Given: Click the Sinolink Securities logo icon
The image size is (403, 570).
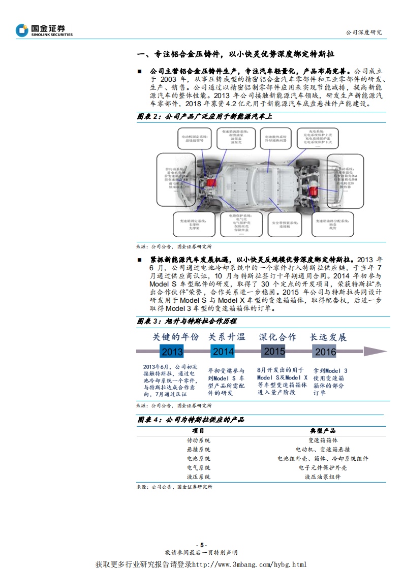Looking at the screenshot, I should tap(22, 30).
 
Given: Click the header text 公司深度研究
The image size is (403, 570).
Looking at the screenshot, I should tap(363, 32).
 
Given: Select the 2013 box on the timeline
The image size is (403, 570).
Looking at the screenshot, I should tap(172, 352).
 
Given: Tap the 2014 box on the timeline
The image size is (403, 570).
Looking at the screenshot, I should tap(223, 352).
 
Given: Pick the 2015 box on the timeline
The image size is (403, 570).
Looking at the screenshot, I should tap(274, 351).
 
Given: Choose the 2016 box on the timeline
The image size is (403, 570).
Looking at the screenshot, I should tap(325, 352).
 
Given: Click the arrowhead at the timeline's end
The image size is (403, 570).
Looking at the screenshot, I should tap(375, 352).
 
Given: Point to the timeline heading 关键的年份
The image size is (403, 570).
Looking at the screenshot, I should tap(176, 337).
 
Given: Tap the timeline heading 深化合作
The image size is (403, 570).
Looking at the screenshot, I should tap(277, 337).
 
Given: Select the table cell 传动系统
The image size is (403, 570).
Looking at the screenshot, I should tap(198, 440).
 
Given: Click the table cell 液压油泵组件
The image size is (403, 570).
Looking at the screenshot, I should tap(323, 477).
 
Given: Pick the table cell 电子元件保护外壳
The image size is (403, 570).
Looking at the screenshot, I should tap(323, 467).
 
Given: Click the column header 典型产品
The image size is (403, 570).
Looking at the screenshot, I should tap(323, 430).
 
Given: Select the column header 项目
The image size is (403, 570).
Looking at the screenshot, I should tap(198, 430).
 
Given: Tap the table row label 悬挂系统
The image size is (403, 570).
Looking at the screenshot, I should tap(198, 449).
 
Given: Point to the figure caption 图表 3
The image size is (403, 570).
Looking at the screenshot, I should tap(149, 321).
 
